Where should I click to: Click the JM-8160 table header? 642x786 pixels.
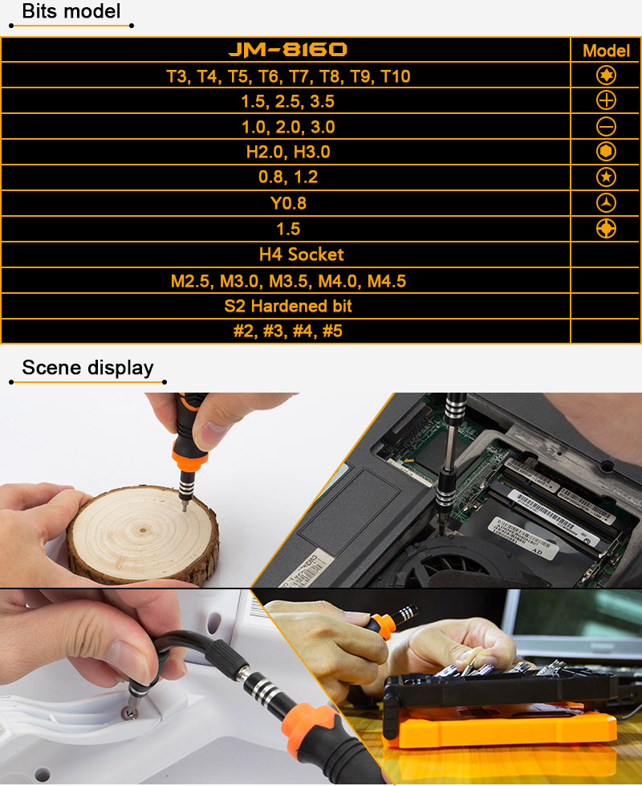coord(287,49)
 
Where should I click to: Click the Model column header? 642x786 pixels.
coord(606,51)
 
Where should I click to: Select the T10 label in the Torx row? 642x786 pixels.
coord(396,76)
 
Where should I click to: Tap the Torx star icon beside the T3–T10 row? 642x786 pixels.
coord(606,75)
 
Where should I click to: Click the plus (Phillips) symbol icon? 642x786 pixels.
coord(606,100)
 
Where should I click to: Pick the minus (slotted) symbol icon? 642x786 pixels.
coord(606,126)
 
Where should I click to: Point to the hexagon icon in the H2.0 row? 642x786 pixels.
coord(606,152)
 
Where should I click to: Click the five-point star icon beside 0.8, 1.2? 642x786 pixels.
coord(606,177)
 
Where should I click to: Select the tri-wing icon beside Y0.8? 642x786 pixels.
coord(606,203)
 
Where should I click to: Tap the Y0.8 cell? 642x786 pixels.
coord(288,203)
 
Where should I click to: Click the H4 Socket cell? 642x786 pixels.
coord(301,255)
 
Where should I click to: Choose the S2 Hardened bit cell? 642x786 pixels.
coord(287,306)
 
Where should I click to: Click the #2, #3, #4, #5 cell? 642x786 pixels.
coord(287,331)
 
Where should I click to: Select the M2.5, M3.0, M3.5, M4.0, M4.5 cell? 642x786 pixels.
coord(288,281)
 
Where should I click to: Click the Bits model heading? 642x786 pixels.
coord(71,11)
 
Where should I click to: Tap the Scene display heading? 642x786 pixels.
coord(87,368)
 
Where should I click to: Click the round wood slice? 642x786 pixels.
coord(144,534)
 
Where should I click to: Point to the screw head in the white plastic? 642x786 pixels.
coord(128,712)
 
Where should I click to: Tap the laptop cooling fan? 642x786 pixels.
coord(441,564)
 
